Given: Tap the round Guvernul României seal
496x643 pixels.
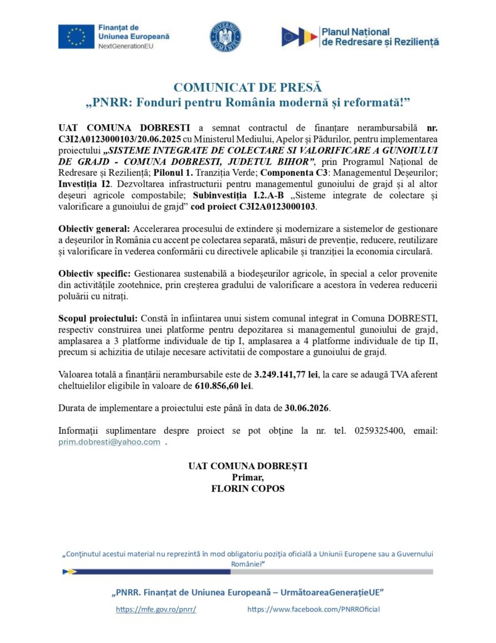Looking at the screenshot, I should click(224, 36).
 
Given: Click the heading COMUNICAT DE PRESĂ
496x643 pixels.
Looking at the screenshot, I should click(247, 87).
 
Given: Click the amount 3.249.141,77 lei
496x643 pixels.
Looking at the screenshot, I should click(286, 374).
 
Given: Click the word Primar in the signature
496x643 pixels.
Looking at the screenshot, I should click(247, 477).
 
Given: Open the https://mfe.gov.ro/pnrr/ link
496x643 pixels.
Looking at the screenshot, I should click(156, 609).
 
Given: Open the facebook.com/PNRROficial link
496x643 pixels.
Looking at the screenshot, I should click(314, 609).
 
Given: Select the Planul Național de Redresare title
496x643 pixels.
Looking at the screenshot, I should click(380, 36).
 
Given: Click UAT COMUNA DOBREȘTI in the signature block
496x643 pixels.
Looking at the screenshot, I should click(248, 467).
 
